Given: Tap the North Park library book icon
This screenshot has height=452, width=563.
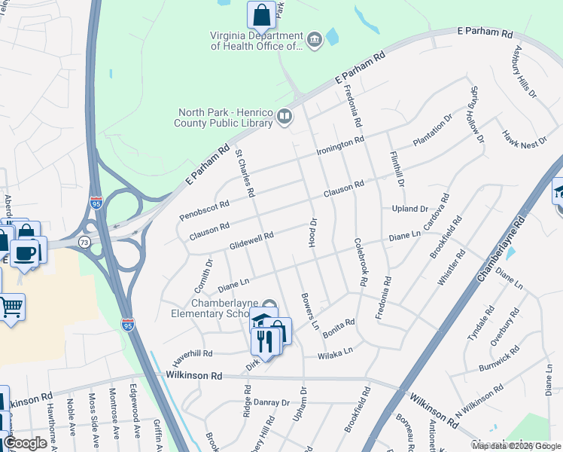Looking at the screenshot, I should pos(285,116).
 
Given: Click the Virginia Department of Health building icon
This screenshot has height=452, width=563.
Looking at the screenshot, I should pos(315,38).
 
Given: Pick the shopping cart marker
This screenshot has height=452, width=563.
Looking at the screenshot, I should pos(11,307).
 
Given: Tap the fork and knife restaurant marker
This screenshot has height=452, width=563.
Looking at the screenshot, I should pos(264,342).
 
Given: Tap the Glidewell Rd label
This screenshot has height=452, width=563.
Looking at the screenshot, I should pos(251,241).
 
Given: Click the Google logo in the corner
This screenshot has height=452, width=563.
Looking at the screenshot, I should pos(25,443).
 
